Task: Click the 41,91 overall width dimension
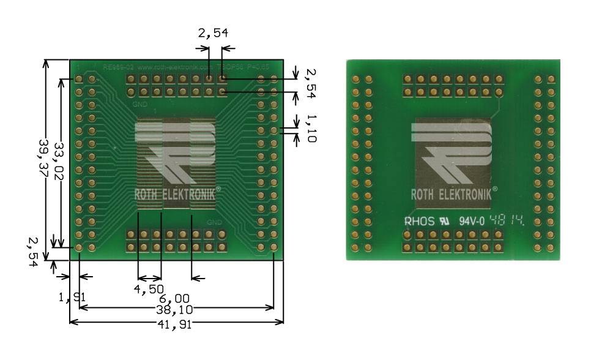coord(176,325)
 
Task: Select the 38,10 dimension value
coord(176,310)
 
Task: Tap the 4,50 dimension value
coord(149,288)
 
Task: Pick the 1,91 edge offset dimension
coord(72,298)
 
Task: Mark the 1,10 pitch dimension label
coord(310,128)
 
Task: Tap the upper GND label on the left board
coord(139,104)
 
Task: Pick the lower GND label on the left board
coord(214,221)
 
